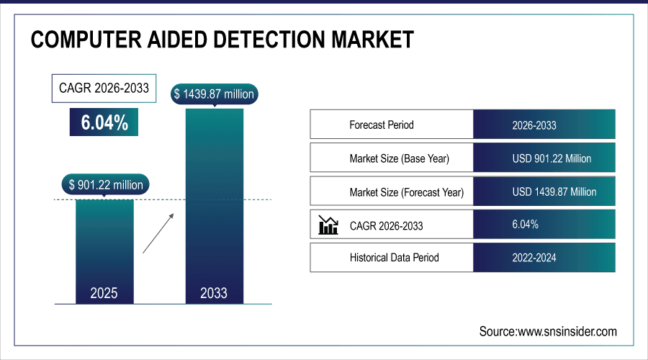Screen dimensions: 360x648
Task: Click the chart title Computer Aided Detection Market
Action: tap(222, 40)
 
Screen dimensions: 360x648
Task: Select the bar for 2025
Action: tap(104, 245)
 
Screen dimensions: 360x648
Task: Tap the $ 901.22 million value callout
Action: tap(106, 185)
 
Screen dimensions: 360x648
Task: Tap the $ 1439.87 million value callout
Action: tap(214, 94)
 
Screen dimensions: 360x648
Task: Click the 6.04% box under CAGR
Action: tap(104, 123)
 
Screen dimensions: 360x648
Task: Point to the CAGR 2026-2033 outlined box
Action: tap(104, 89)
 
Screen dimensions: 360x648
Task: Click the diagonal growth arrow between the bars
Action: tap(158, 233)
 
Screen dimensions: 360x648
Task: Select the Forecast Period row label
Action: tap(382, 125)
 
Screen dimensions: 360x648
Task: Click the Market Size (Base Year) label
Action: tap(403, 158)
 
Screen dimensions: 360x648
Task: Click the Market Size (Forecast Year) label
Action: tap(406, 192)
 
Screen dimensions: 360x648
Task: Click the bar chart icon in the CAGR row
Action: tap(328, 225)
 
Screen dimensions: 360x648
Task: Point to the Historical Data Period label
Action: tap(394, 257)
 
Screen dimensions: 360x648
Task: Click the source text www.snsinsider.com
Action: tap(548, 331)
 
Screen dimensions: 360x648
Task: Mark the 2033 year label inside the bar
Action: tap(214, 293)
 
